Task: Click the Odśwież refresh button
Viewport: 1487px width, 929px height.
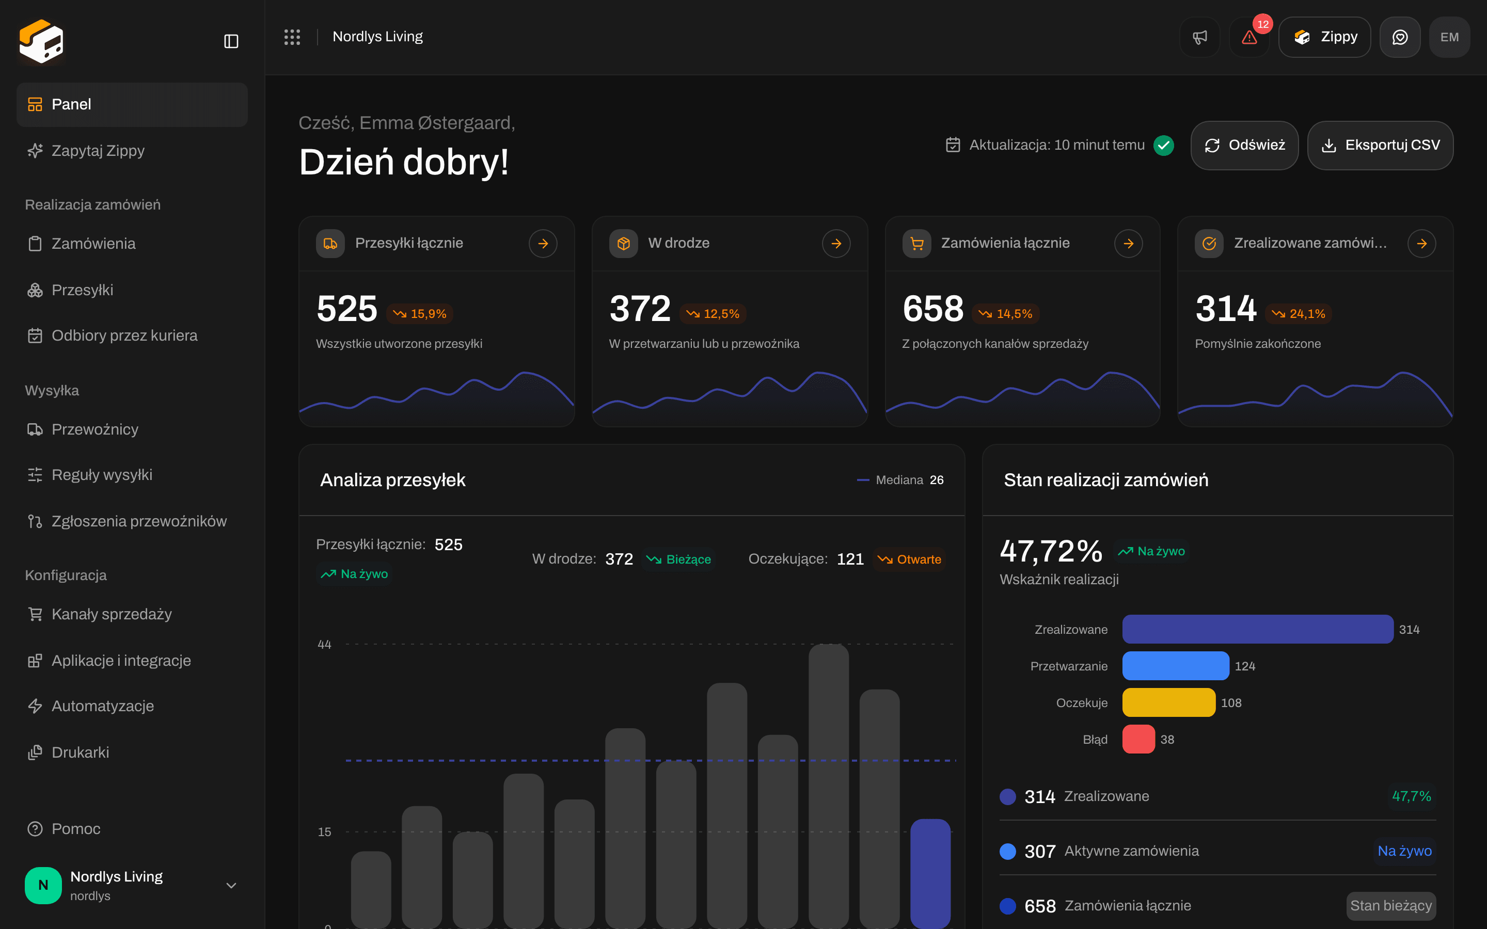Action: tap(1244, 145)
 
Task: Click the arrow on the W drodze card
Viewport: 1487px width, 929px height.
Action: tap(836, 243)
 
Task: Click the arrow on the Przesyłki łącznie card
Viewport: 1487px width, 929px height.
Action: tap(543, 243)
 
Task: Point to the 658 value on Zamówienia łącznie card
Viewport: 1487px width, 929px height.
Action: tap(933, 309)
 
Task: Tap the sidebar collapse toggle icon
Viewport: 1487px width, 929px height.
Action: tap(231, 41)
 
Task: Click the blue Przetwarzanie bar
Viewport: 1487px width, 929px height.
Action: tap(1176, 666)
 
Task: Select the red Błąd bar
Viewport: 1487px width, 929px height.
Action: tap(1138, 739)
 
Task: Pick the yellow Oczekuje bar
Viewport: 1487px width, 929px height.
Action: tap(1169, 702)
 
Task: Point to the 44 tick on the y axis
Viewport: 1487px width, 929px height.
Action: tap(324, 645)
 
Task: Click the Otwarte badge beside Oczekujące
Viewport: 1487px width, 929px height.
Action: tap(910, 559)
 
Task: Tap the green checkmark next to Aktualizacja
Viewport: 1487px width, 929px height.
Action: tap(1164, 145)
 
